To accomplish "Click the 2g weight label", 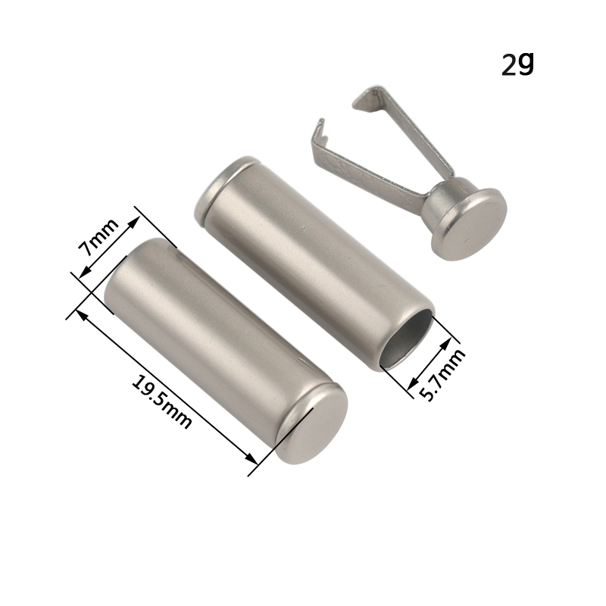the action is [x=518, y=64].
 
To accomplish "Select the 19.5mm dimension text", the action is [x=161, y=402].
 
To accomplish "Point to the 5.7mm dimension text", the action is [x=442, y=374].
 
